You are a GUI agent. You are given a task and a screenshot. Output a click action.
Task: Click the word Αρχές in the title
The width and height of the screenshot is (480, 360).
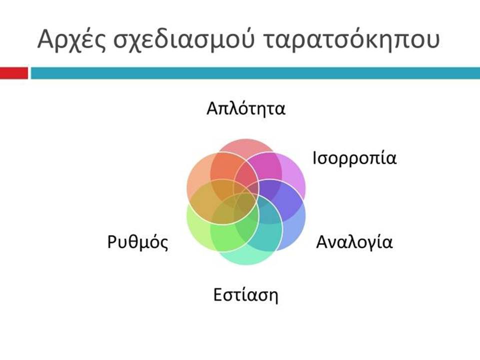[x=71, y=40]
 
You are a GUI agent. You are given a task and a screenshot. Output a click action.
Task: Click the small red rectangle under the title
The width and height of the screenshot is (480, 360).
[x=14, y=73]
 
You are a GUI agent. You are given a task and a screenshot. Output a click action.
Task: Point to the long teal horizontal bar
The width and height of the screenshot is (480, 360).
[x=255, y=73]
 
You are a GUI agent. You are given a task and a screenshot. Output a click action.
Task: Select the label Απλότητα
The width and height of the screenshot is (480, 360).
[x=246, y=108]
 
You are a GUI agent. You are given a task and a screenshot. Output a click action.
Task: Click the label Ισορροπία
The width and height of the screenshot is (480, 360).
[x=354, y=159]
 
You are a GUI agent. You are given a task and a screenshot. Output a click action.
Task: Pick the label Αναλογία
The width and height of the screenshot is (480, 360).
[x=354, y=242]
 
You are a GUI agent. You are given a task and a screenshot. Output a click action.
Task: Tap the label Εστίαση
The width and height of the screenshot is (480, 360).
[x=246, y=295]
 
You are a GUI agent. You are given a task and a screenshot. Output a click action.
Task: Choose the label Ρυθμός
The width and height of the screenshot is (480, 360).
[x=138, y=242]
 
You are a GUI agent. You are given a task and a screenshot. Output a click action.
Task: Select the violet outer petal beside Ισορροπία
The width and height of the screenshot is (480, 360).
[x=294, y=174]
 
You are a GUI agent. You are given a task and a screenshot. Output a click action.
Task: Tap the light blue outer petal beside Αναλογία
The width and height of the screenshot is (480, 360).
[x=294, y=230]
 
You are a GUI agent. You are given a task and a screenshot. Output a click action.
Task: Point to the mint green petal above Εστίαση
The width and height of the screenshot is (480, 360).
[x=246, y=258]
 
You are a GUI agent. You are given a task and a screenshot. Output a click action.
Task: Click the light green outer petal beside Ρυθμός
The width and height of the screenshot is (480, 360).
[x=197, y=229]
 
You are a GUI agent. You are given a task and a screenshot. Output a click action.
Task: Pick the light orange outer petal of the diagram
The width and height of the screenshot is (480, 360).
[x=197, y=174]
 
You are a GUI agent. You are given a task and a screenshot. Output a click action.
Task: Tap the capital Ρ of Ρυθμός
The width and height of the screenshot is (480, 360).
[x=112, y=241]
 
